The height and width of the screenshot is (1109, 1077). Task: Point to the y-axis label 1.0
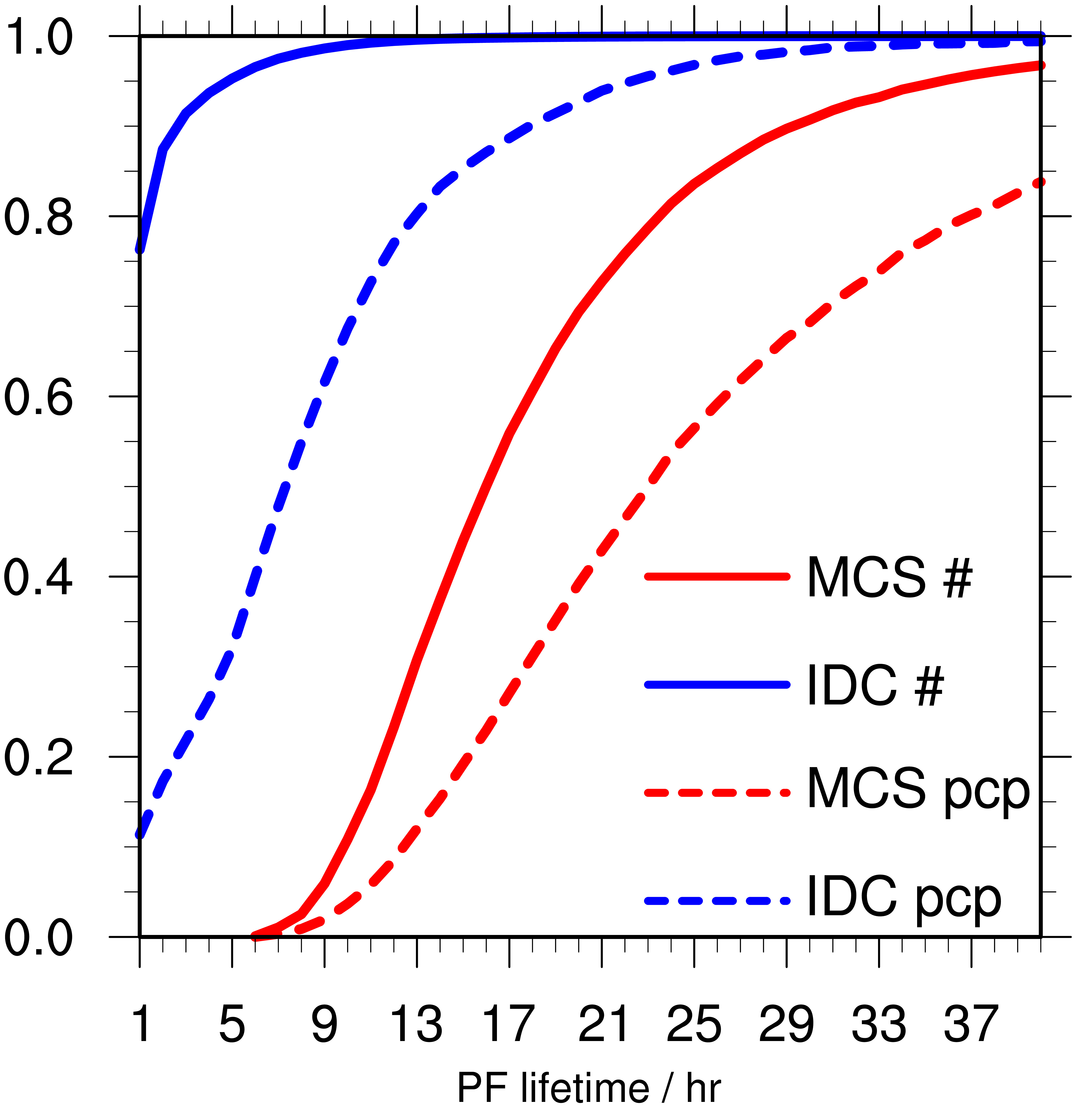(x=38, y=36)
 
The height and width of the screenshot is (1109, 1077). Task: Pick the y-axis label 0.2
(x=38, y=757)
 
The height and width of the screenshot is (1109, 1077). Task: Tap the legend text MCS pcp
(x=918, y=791)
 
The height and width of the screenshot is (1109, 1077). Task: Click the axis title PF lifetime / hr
(x=589, y=1087)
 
